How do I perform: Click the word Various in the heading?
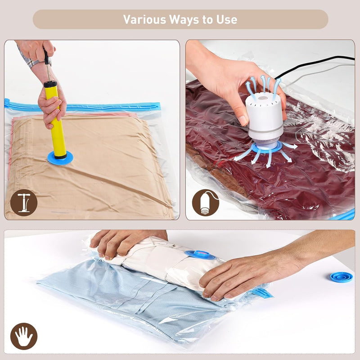coord(144,19)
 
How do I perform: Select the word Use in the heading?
coord(227,19)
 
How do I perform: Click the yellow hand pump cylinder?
coord(55,120)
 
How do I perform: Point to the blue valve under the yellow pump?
coord(60,158)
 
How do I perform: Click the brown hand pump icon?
coord(24,202)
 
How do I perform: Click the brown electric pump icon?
coord(206,203)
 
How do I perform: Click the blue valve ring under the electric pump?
coord(266,147)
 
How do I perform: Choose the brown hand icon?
coord(24,336)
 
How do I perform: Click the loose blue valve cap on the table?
coord(341,277)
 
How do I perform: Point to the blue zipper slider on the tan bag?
coord(7,103)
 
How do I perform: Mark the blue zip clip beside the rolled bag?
coord(262,293)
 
